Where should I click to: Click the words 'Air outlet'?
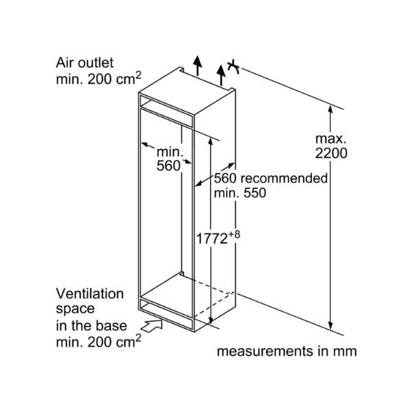[84, 63]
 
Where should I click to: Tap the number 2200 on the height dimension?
[331, 153]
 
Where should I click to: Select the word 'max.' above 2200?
[331, 139]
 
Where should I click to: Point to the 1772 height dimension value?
[211, 239]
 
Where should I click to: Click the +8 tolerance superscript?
[234, 234]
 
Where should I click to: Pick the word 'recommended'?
[284, 178]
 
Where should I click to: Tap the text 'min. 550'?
[240, 193]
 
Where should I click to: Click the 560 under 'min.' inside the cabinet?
[169, 165]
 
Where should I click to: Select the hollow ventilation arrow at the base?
[152, 325]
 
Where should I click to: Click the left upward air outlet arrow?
[197, 66]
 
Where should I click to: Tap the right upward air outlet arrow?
[221, 76]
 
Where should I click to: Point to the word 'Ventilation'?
[90, 294]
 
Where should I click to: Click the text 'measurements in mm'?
[286, 352]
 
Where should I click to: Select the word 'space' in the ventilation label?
[75, 309]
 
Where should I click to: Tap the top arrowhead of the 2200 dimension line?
[330, 109]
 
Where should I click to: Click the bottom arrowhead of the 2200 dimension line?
[330, 325]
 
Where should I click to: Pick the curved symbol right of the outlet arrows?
[233, 67]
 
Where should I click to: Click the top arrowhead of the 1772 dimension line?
[210, 141]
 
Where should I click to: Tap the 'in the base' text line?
[91, 325]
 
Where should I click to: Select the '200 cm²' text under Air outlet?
[114, 78]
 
